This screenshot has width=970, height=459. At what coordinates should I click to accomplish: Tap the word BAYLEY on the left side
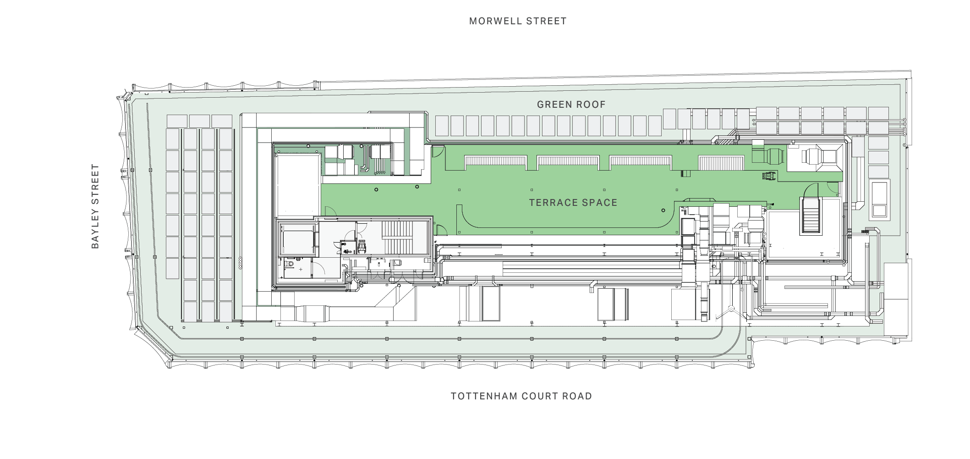click(x=95, y=227)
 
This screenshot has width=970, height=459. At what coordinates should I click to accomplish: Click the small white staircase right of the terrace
click(x=811, y=215)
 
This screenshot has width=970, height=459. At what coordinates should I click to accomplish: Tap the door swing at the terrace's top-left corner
click(x=438, y=152)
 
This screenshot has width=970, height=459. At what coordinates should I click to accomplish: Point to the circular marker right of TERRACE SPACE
click(x=663, y=210)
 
